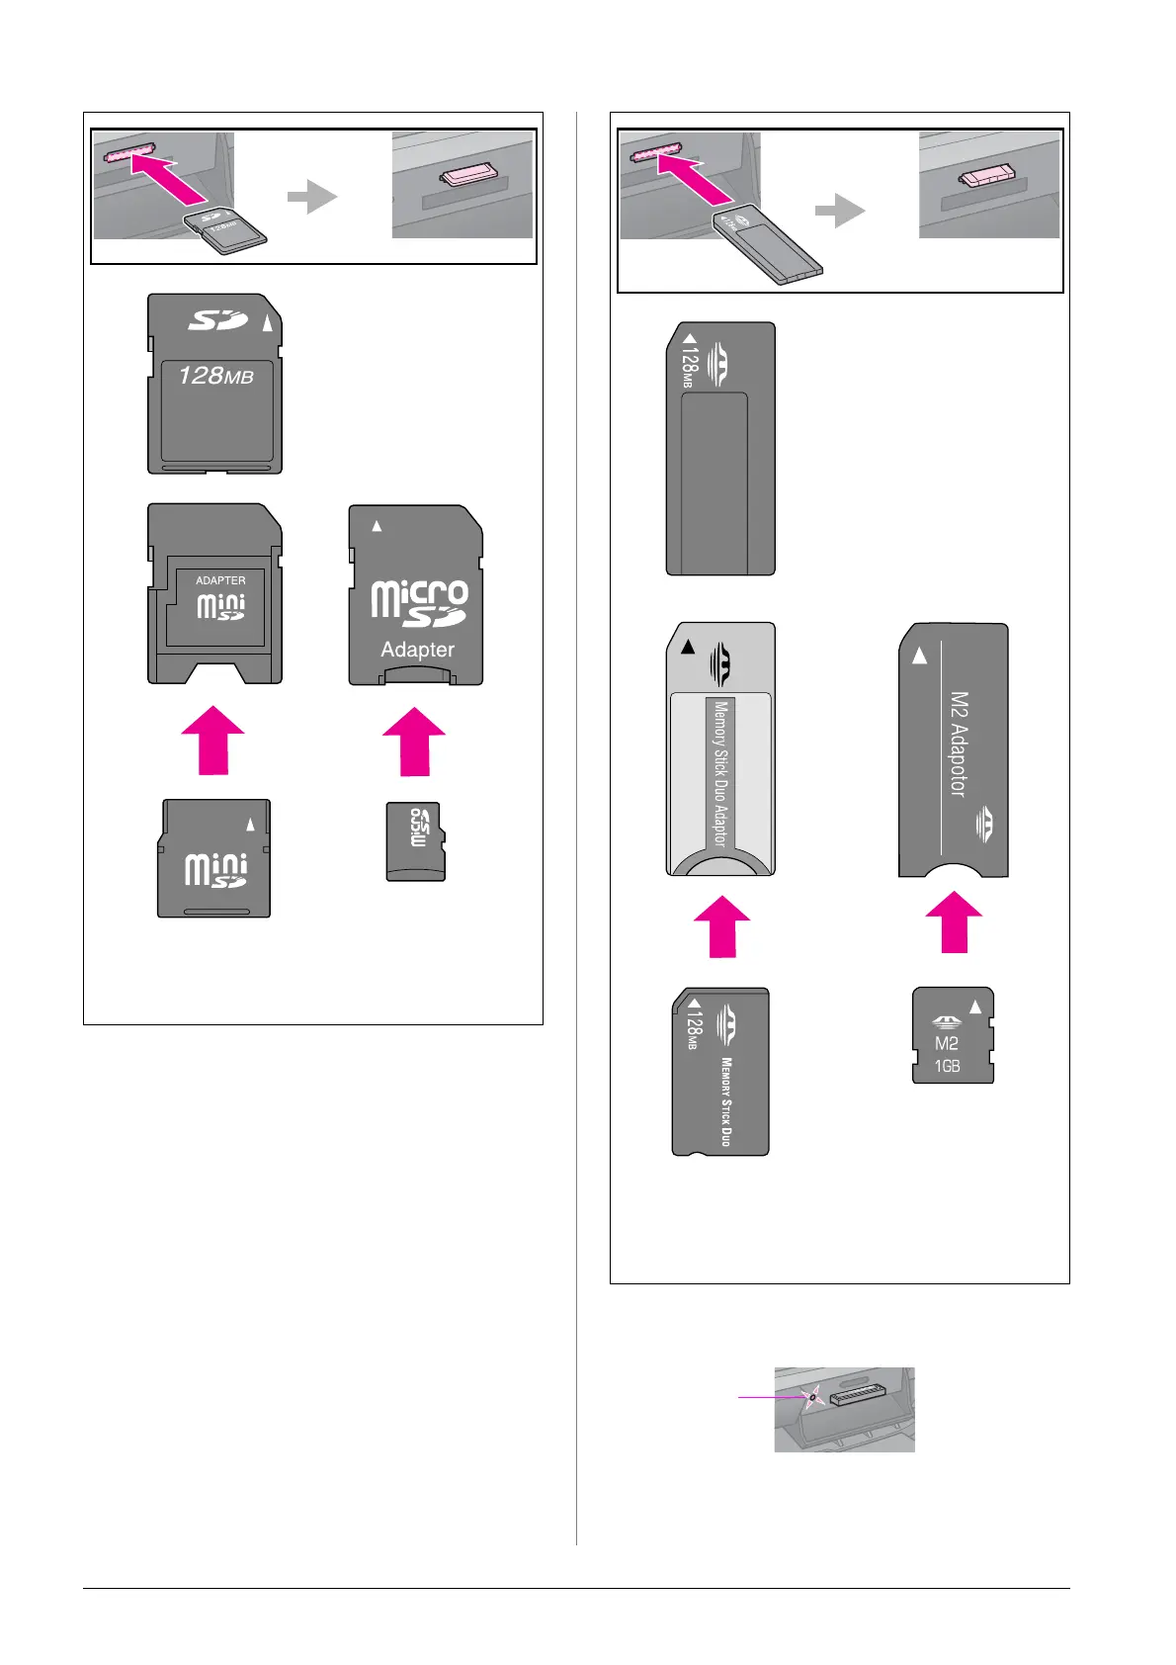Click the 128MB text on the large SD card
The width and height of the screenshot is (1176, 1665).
215,376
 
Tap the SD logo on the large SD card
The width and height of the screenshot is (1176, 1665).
218,320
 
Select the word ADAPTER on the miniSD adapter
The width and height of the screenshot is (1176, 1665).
220,580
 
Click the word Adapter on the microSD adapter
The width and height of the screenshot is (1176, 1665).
417,650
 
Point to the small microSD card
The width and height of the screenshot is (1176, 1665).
415,841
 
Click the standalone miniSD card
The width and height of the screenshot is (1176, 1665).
214,858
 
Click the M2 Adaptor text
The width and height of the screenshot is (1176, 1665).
958,744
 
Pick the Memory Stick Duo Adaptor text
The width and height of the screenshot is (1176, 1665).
719,773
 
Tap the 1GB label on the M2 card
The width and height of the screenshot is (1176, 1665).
947,1066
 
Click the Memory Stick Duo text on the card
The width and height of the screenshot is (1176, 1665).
726,1101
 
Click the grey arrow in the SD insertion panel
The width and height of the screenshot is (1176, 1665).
312,196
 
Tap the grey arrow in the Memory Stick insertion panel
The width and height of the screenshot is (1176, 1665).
840,210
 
